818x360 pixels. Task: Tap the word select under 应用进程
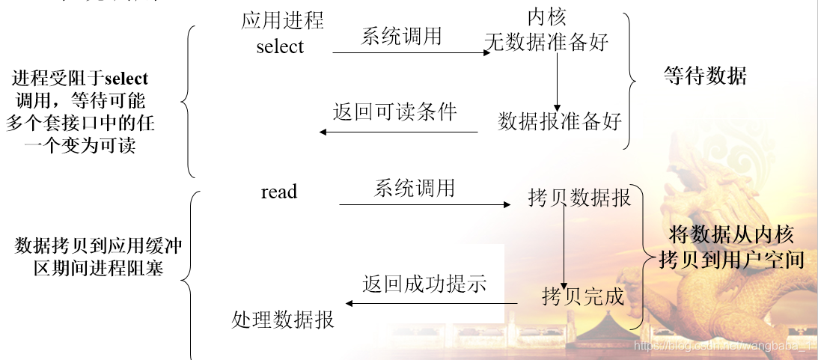pos(280,46)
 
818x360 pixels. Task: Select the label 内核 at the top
pos(546,17)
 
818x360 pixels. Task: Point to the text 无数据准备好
pos(547,42)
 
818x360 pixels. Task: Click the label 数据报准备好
pos(560,120)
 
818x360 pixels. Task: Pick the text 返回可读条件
pos(394,112)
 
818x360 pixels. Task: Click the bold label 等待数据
pos(704,75)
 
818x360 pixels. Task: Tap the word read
pos(279,192)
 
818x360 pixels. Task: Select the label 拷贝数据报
pos(579,198)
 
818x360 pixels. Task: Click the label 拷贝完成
pos(583,296)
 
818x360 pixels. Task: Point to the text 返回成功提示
pos(424,284)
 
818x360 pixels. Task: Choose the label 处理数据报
pos(282,320)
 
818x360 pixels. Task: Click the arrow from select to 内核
pos(411,53)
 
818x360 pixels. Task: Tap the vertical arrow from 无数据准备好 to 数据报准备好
pos(557,82)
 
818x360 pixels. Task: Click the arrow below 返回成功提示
pos(430,303)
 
